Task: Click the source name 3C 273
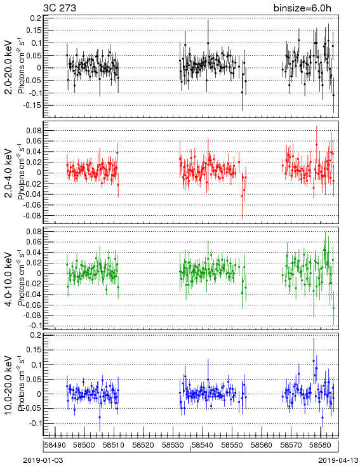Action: tap(60, 8)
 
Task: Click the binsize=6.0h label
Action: tap(302, 8)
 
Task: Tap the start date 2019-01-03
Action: tap(43, 460)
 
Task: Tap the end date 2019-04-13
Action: tap(338, 460)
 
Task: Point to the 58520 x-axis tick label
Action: tap(143, 445)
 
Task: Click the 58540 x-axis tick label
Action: tap(203, 445)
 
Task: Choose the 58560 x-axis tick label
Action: tap(262, 445)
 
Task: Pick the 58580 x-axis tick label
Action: tap(321, 445)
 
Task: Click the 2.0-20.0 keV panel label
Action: tap(9, 67)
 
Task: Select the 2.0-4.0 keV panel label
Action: tap(9, 173)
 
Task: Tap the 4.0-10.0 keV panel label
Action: tap(9, 279)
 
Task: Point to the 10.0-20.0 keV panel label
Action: tap(9, 385)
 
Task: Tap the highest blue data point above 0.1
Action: tap(314, 361)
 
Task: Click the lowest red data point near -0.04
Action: tap(243, 196)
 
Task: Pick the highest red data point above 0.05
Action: tap(317, 145)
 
